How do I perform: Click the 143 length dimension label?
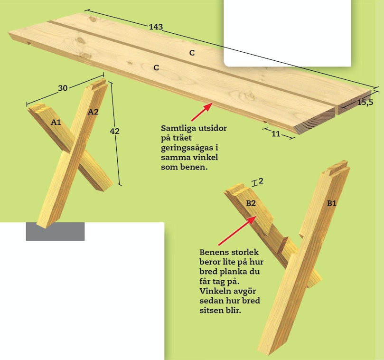click(x=156, y=27)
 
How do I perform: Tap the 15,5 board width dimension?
click(x=365, y=102)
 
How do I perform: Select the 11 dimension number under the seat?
click(x=276, y=134)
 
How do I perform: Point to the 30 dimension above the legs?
click(x=63, y=88)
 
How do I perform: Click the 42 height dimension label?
click(x=114, y=131)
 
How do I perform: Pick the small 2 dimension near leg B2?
click(x=261, y=181)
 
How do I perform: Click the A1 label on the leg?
click(x=56, y=122)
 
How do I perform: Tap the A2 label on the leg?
click(x=93, y=112)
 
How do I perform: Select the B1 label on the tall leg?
click(x=332, y=203)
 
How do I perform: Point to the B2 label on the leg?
click(x=251, y=203)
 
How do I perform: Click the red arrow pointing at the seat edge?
click(x=202, y=112)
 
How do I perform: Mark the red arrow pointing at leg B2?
click(x=237, y=231)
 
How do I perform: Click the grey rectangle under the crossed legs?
click(x=55, y=232)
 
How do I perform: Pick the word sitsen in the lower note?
click(x=211, y=310)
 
